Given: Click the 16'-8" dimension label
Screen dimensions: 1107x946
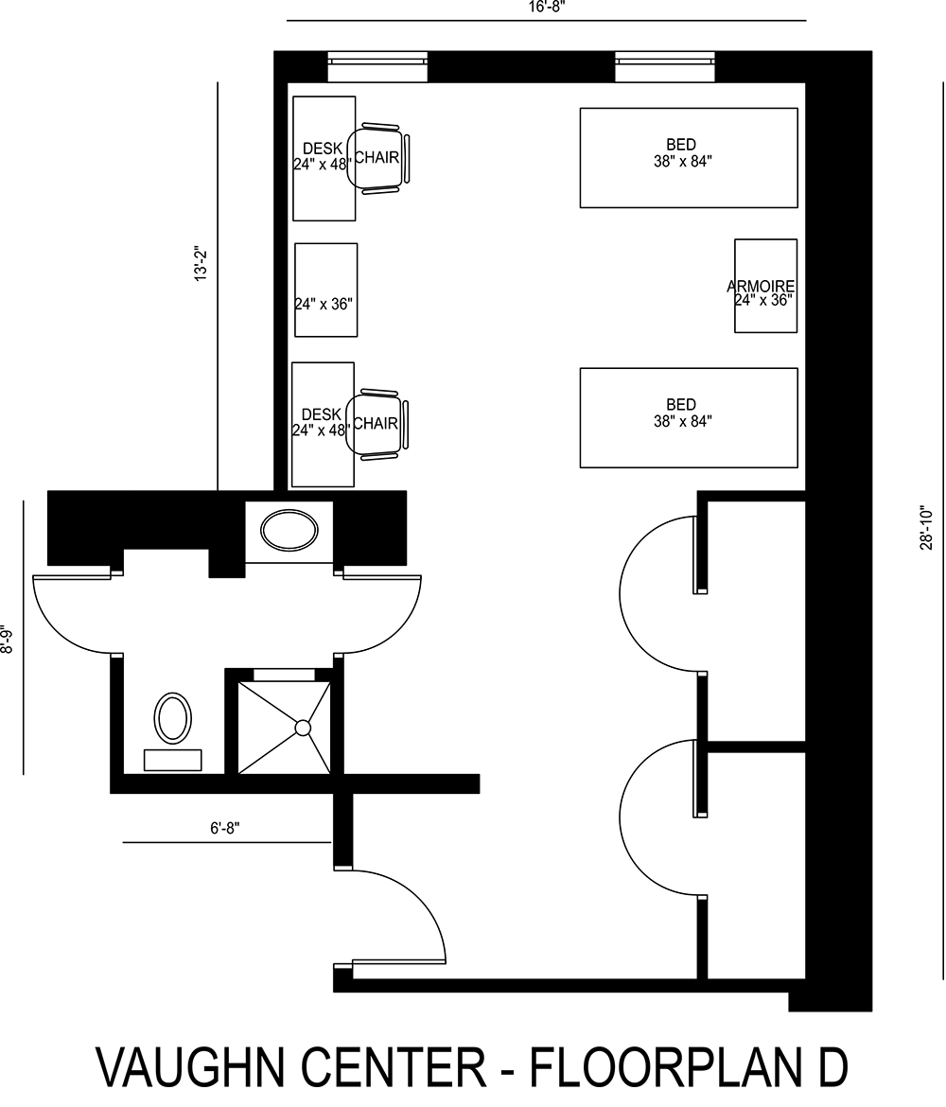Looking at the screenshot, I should (546, 6).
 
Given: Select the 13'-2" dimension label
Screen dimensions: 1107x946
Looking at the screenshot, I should (201, 264).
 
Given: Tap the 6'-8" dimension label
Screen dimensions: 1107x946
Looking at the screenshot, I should (225, 828).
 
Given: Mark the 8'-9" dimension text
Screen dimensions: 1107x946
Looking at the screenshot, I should (8, 642).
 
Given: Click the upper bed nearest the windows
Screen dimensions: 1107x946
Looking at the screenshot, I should (688, 157).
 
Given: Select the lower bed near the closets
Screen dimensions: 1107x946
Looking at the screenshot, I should (688, 417).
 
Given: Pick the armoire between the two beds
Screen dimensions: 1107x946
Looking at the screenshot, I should (765, 286).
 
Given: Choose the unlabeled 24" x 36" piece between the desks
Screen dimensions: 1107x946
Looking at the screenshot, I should (325, 290).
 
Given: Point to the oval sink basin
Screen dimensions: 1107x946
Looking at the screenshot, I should (289, 530).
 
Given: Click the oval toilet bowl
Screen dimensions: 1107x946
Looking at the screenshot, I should (173, 717).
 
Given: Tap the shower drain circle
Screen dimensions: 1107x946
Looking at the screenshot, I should (303, 728).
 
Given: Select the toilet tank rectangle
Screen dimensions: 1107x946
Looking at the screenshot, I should (172, 760).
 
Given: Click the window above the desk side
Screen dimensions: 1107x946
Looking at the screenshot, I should (377, 66).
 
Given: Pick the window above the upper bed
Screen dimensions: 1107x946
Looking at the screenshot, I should (665, 66).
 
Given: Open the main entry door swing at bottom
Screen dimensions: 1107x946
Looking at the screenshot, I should (397, 913).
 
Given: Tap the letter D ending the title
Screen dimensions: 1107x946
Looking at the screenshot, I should (830, 1067).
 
